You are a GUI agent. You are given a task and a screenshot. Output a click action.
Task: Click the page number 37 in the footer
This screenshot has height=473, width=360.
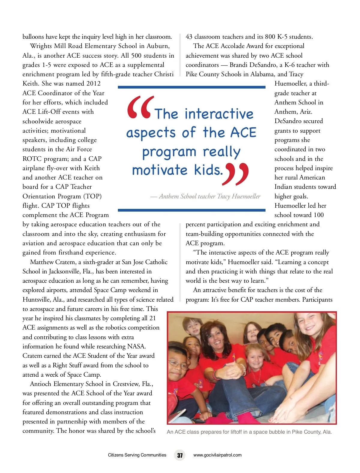180,455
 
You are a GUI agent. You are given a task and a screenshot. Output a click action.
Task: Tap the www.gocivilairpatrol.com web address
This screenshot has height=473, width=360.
217,455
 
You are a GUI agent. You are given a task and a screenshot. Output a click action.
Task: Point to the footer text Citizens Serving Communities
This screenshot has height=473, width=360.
137,455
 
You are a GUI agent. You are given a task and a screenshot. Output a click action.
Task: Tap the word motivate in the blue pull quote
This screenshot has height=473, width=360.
160,170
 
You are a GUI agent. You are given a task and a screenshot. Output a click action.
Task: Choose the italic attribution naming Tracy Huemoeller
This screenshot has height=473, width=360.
205,196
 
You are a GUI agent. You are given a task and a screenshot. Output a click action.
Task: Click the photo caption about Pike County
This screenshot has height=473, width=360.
249,432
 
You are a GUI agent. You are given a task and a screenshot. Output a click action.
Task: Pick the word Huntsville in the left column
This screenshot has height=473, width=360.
37,300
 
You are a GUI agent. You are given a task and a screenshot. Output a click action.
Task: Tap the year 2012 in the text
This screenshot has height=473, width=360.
93,84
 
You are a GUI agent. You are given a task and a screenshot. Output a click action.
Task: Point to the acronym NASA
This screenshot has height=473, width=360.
136,346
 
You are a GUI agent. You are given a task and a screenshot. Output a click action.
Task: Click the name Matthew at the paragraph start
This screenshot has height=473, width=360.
42,262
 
